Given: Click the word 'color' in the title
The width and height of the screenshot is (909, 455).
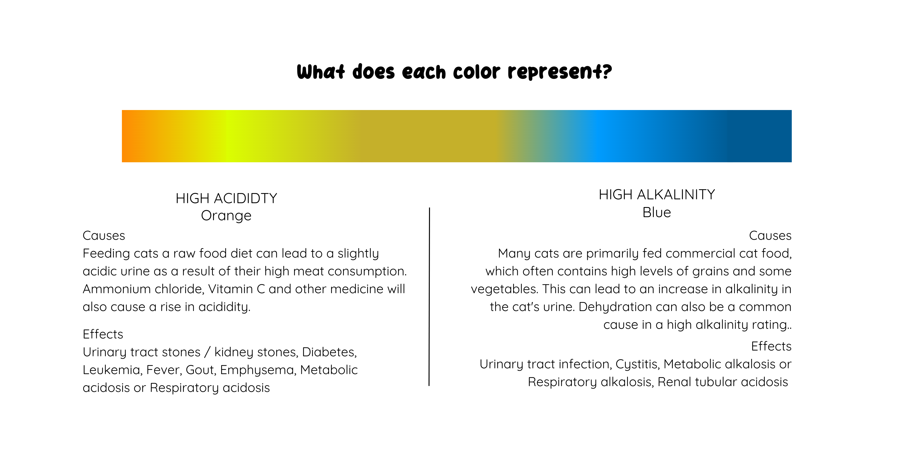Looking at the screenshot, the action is pyautogui.click(x=476, y=72).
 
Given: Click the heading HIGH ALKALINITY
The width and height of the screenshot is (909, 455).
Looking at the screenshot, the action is pyautogui.click(x=657, y=195).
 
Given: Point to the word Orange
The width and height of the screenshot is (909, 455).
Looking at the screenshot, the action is pyautogui.click(x=226, y=215).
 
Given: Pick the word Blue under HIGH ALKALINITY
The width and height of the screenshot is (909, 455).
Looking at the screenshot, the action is pyautogui.click(x=657, y=212).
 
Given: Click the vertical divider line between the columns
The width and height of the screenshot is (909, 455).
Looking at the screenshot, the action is pyautogui.click(x=429, y=297).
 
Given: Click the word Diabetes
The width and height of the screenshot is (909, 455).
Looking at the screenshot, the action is pyautogui.click(x=329, y=352).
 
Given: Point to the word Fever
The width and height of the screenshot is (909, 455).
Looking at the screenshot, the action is pyautogui.click(x=164, y=370).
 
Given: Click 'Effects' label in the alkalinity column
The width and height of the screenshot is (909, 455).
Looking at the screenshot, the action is pyautogui.click(x=771, y=346).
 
